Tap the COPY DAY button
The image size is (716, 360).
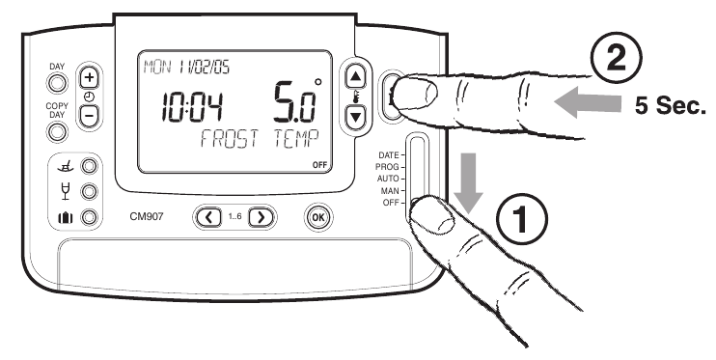pyautogui.click(x=58, y=129)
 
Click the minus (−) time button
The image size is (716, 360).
pyautogui.click(x=88, y=113)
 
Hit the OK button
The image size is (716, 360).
pyautogui.click(x=317, y=216)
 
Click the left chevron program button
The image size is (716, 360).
pyautogui.click(x=209, y=216)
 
